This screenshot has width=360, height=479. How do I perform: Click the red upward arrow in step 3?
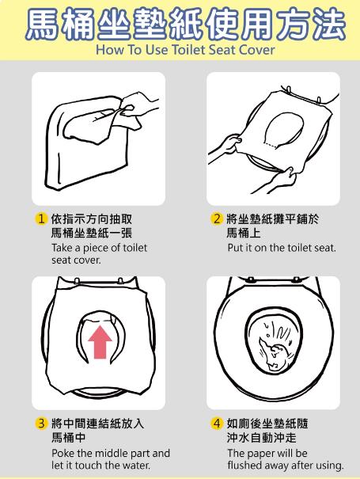100,342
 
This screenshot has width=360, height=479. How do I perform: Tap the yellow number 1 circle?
41,219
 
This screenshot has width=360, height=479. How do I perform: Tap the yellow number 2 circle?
217,219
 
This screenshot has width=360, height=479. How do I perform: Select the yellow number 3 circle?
41,424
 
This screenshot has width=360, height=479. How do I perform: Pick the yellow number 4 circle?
217,424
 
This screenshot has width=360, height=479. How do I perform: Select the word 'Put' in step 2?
234,248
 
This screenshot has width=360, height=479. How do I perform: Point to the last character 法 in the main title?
328,25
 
